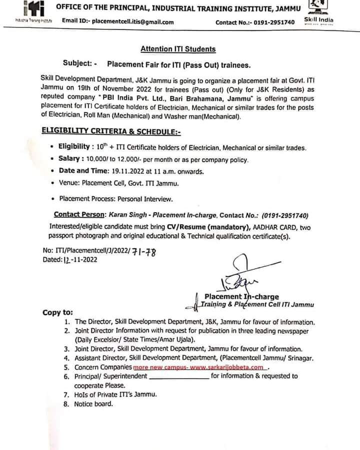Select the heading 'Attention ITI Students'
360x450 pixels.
tap(178, 49)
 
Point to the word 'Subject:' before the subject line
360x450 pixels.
tap(77, 63)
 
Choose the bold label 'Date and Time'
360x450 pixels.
tap(80, 171)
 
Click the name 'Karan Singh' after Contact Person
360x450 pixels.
tap(123, 215)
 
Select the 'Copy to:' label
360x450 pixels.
tap(57, 313)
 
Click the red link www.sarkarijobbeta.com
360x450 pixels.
tap(227, 367)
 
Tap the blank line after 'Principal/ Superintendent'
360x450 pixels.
tap(179, 376)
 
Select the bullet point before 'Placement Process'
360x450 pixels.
tap(53, 198)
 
